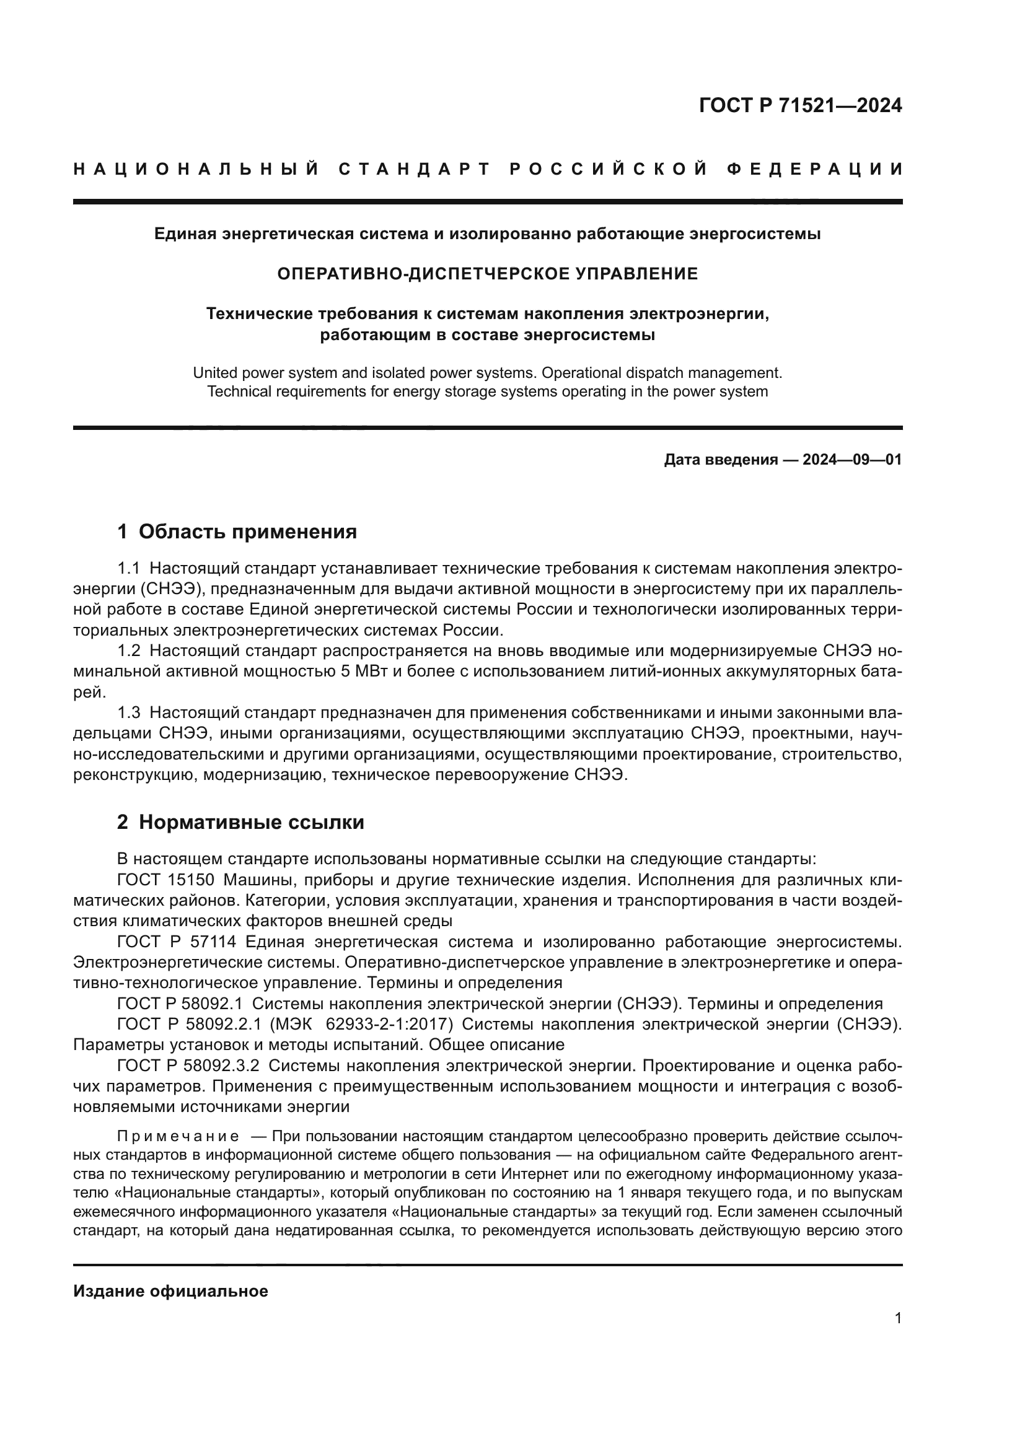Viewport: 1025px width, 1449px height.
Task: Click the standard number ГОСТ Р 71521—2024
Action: [799, 105]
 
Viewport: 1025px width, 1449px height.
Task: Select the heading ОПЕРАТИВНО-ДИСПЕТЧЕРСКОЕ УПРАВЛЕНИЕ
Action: [487, 274]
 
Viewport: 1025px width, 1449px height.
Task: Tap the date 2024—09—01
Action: [851, 460]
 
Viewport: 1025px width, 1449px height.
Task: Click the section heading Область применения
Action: [247, 532]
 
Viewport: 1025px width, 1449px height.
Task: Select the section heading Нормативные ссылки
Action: [251, 822]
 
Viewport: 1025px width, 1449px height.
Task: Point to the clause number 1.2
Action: [129, 650]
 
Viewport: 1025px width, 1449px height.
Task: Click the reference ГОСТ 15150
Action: [165, 880]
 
